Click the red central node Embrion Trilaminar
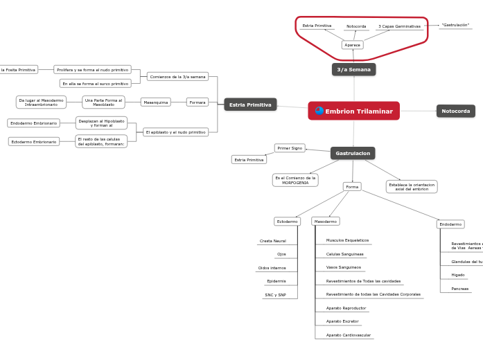pos(354,111)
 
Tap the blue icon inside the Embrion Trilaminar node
pos(319,111)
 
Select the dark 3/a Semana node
pos(353,69)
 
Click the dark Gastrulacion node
pos(353,153)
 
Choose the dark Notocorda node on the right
pos(455,111)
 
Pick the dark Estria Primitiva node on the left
pos(250,105)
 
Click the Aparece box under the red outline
pos(352,45)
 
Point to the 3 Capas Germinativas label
pos(399,26)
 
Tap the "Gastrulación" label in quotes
pos(455,25)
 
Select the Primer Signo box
pos(290,148)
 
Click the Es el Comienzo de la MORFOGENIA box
pos(295,180)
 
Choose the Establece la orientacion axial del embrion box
pos(412,187)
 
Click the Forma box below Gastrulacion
pos(352,187)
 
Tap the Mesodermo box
pos(326,222)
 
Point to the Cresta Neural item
pos(272,241)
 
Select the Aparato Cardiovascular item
pos(348,335)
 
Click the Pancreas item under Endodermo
pos(459,289)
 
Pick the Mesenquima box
pos(156,102)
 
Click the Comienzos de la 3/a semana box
pos(178,77)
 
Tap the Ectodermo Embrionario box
pos(34,142)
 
